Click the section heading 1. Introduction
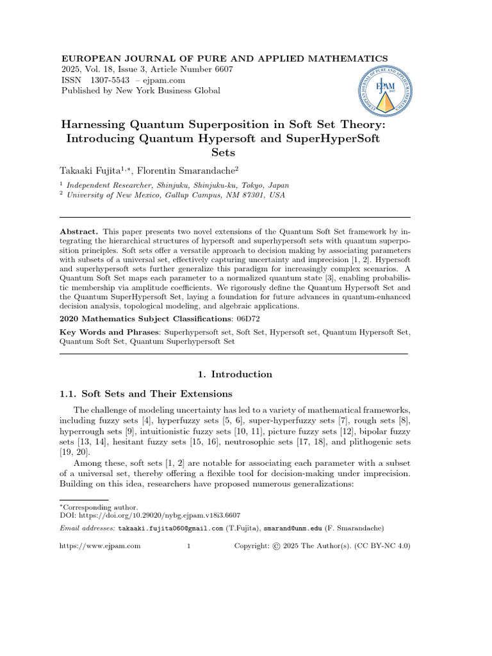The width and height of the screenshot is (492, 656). [x=233, y=374]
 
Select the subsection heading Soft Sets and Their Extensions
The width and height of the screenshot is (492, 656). [x=157, y=393]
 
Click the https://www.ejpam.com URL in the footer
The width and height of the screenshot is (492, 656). [x=100, y=546]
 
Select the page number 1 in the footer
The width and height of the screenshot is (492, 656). [x=188, y=546]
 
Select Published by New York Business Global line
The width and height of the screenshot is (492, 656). [x=140, y=91]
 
